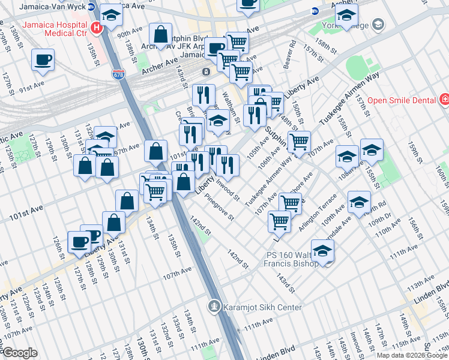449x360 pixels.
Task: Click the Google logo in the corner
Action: click(x=19, y=353)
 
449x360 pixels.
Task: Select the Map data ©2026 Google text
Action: click(x=412, y=355)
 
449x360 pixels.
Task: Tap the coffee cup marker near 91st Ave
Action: click(x=44, y=60)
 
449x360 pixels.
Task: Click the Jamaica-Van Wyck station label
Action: click(x=52, y=7)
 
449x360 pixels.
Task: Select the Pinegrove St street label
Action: click(x=218, y=206)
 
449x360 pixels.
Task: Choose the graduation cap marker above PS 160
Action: click(x=322, y=250)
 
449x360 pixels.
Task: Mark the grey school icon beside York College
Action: click(x=378, y=24)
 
